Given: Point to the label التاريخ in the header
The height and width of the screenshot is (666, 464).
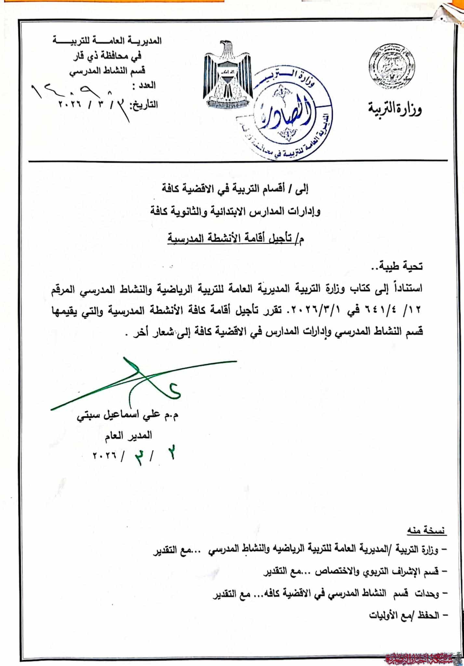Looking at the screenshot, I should (144, 105).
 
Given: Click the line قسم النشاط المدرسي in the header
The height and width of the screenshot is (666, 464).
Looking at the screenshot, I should (109, 71).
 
